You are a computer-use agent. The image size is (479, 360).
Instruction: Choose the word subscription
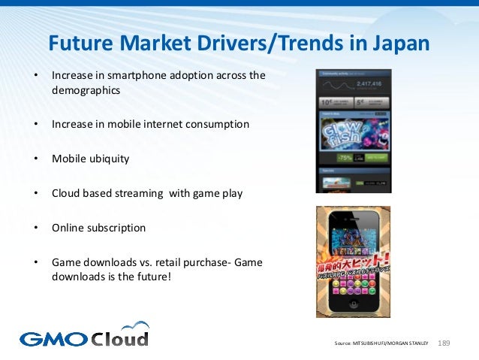pos(115,228)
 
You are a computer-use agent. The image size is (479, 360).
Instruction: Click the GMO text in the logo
pos(53,338)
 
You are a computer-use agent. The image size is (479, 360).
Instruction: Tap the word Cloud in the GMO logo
pos(120,337)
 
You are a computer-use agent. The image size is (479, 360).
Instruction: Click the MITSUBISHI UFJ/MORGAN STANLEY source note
pos(381,343)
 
